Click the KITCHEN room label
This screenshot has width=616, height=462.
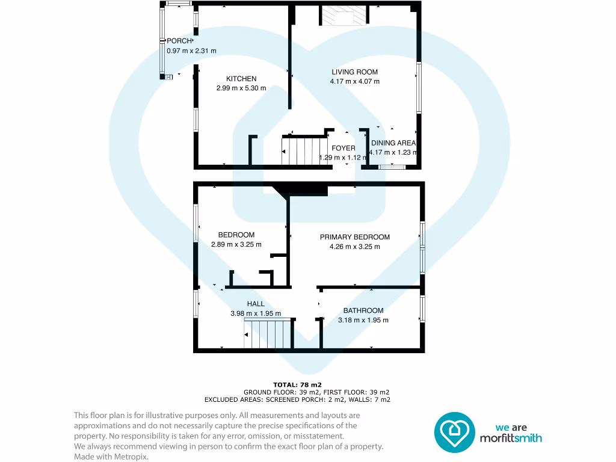(241, 79)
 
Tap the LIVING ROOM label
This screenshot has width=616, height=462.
(354, 72)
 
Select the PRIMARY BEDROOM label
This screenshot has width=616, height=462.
(354, 237)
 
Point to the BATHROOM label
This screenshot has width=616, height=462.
(363, 310)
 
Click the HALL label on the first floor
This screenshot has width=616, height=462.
(256, 304)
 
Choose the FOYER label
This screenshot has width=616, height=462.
(343, 148)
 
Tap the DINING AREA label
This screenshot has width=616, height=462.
(393, 143)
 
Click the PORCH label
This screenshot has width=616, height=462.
(179, 41)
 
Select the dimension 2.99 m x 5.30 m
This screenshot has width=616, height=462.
(241, 88)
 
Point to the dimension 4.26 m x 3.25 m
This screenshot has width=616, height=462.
(354, 247)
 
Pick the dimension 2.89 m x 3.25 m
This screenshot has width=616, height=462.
(236, 245)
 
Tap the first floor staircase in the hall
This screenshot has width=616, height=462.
(267, 334)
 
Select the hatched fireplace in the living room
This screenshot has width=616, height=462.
(342, 16)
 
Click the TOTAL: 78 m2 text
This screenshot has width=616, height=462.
(297, 384)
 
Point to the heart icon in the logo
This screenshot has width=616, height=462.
(454, 432)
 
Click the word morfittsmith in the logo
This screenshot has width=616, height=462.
(510, 439)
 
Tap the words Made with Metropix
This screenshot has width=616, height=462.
(111, 457)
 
